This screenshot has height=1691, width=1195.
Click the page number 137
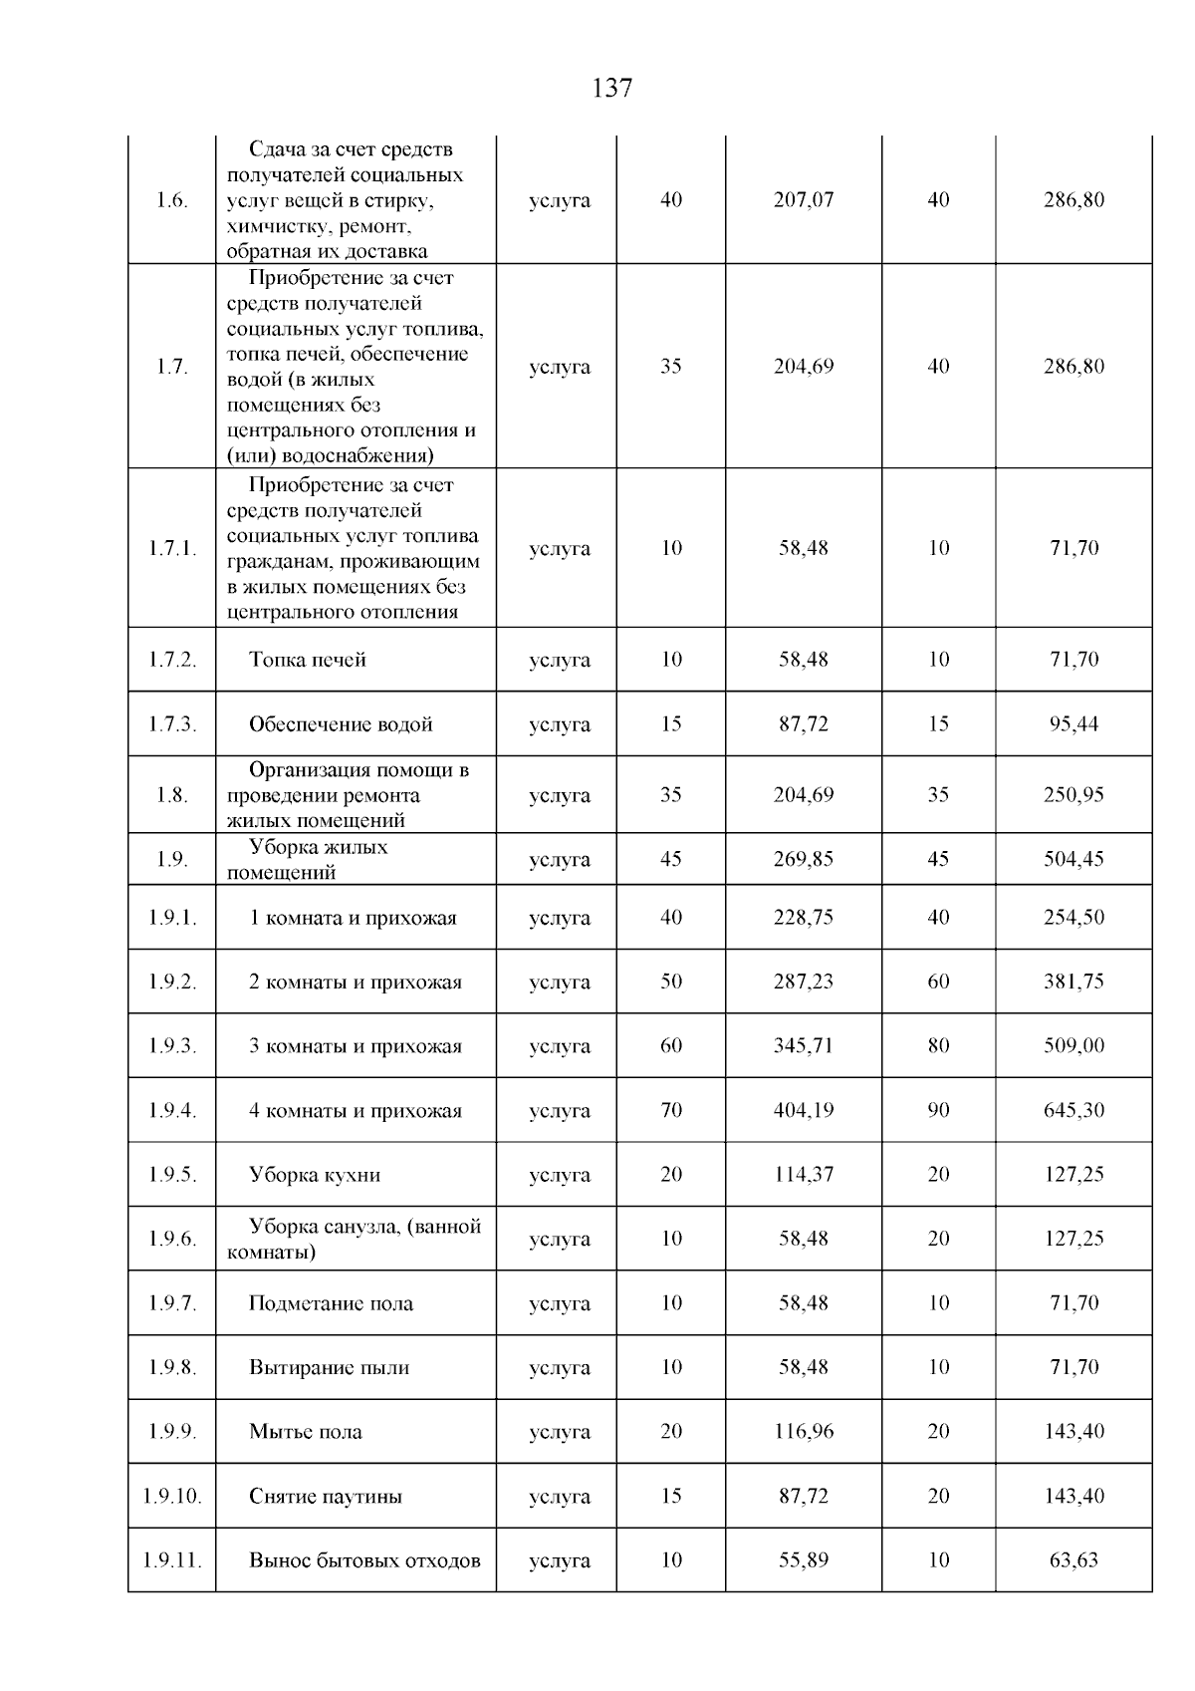point(611,89)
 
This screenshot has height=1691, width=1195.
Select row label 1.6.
point(171,200)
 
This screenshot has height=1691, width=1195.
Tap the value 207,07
point(803,200)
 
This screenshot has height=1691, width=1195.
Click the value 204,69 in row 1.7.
point(803,367)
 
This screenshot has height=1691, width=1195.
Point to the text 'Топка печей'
point(307,660)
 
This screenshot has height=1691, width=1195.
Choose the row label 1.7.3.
point(171,724)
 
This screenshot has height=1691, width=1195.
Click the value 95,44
point(1074,724)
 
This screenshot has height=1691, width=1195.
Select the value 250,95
point(1074,795)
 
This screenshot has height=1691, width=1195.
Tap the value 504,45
point(1074,859)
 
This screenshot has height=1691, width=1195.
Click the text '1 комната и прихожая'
point(353,918)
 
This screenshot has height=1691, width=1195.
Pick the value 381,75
point(1074,982)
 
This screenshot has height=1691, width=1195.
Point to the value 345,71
point(803,1046)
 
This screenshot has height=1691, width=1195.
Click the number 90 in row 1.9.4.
point(938,1110)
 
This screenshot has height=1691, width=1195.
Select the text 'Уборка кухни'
point(315,1175)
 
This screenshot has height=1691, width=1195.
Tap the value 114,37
point(803,1175)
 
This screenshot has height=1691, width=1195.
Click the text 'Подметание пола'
point(331,1303)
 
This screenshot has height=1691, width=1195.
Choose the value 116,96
point(803,1432)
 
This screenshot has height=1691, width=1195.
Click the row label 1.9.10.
point(171,1497)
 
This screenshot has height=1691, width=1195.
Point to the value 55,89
point(803,1560)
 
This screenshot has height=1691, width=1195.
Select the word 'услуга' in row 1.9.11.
point(559,1561)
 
